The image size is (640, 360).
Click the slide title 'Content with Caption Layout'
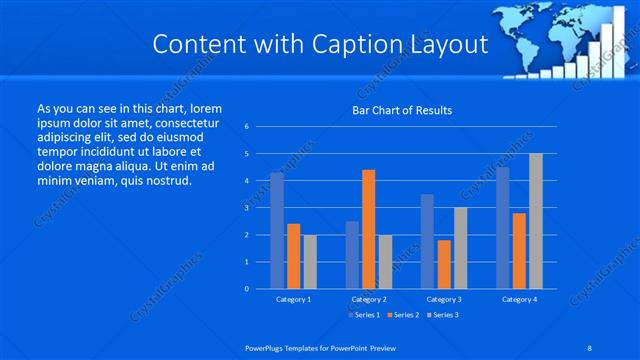[x=319, y=44]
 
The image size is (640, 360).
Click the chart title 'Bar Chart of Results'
[x=401, y=110]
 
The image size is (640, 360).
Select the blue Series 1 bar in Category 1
[x=277, y=231]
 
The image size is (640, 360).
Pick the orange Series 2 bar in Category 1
[x=294, y=256]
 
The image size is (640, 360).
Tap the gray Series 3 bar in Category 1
[x=310, y=262]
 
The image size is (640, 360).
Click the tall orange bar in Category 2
[x=369, y=229]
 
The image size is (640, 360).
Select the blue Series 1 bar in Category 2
[x=352, y=255]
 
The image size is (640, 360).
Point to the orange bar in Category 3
[x=444, y=264]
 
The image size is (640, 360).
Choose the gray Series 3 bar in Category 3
[x=460, y=248]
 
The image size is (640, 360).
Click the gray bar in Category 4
[x=536, y=221]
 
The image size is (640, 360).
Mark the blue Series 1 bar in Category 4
[x=503, y=228]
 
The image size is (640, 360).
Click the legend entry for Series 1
[x=364, y=314]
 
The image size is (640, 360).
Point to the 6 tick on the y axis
[x=246, y=127]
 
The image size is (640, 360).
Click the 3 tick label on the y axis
[x=246, y=208]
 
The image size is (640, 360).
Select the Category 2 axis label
[x=369, y=299]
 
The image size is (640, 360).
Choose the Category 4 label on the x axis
[x=519, y=299]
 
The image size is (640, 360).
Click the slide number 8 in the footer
[x=591, y=348]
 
